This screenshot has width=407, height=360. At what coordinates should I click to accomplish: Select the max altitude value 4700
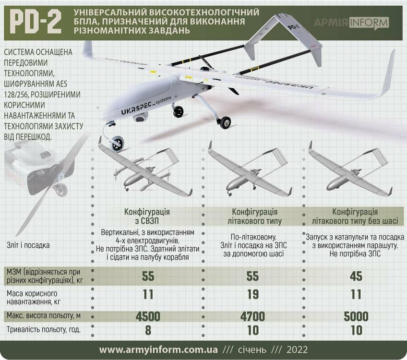pos(252,316)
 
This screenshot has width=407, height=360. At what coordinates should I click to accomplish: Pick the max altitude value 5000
pos(355,316)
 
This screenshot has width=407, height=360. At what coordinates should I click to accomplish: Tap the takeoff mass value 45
pos(355,276)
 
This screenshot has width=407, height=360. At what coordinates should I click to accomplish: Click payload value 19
pos(252,294)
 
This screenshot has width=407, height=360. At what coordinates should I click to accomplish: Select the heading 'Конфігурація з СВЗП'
pos(147,216)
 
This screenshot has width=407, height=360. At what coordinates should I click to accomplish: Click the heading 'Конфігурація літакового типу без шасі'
pos(355,216)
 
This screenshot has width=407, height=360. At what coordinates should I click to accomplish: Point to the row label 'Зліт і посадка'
pos(29,245)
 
